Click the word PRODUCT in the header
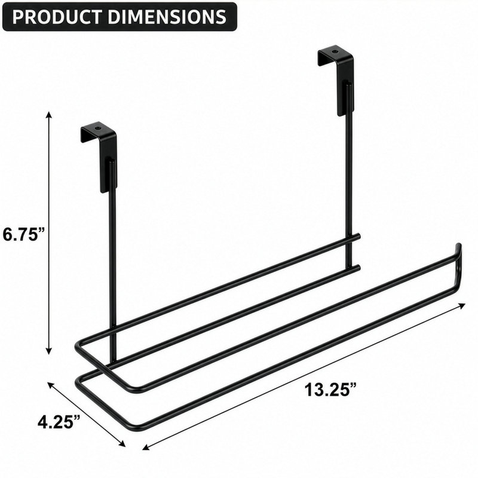coord(57,17)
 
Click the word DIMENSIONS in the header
coord(167,17)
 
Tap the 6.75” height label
coord(24,234)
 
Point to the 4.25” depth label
coord(59,422)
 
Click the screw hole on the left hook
coord(97,128)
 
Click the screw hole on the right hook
coord(335,52)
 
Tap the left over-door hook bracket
coord(100,156)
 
